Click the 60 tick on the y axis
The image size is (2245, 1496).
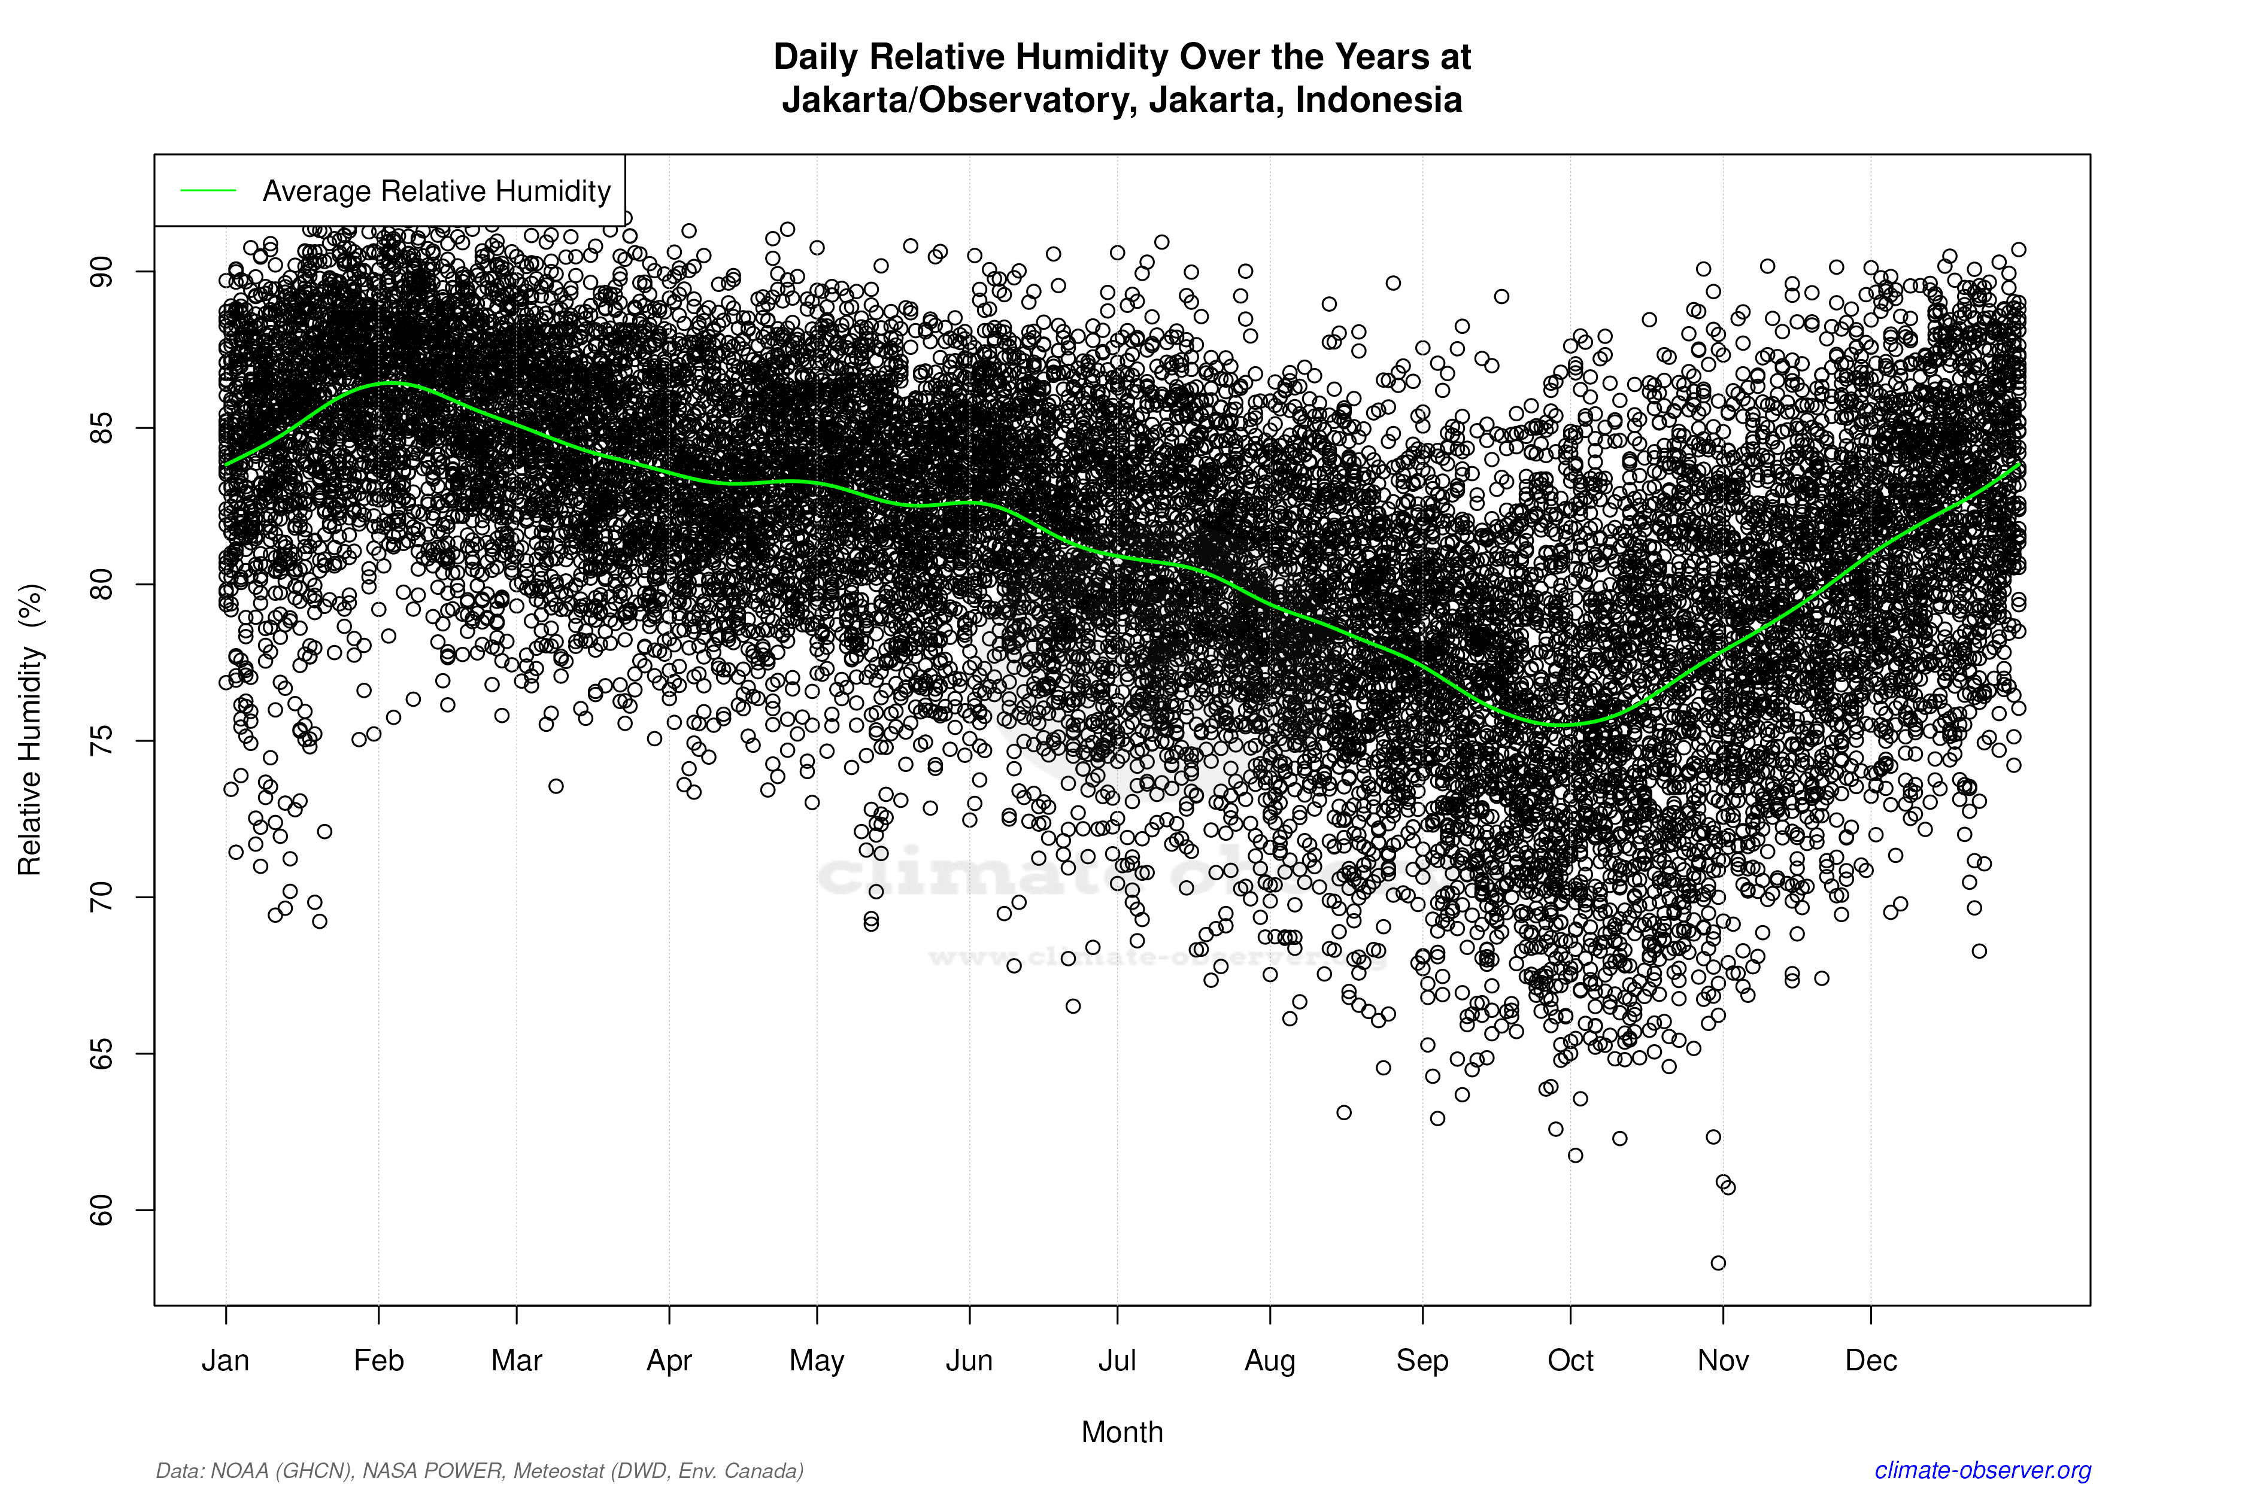point(101,1210)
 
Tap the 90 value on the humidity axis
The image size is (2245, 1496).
point(101,272)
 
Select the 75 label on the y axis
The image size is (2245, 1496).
point(101,740)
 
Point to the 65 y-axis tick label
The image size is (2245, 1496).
point(101,1053)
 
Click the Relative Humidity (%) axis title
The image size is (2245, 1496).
point(31,730)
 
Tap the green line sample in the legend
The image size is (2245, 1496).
point(208,191)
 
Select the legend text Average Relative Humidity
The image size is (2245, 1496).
point(436,191)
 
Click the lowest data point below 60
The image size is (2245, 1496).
point(1718,1263)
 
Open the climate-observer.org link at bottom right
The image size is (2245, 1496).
point(1983,1470)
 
